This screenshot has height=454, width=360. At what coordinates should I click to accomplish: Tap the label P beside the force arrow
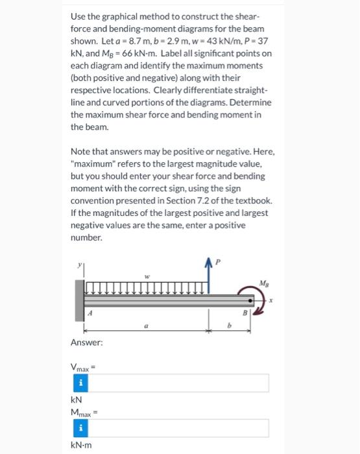coord(218,261)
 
